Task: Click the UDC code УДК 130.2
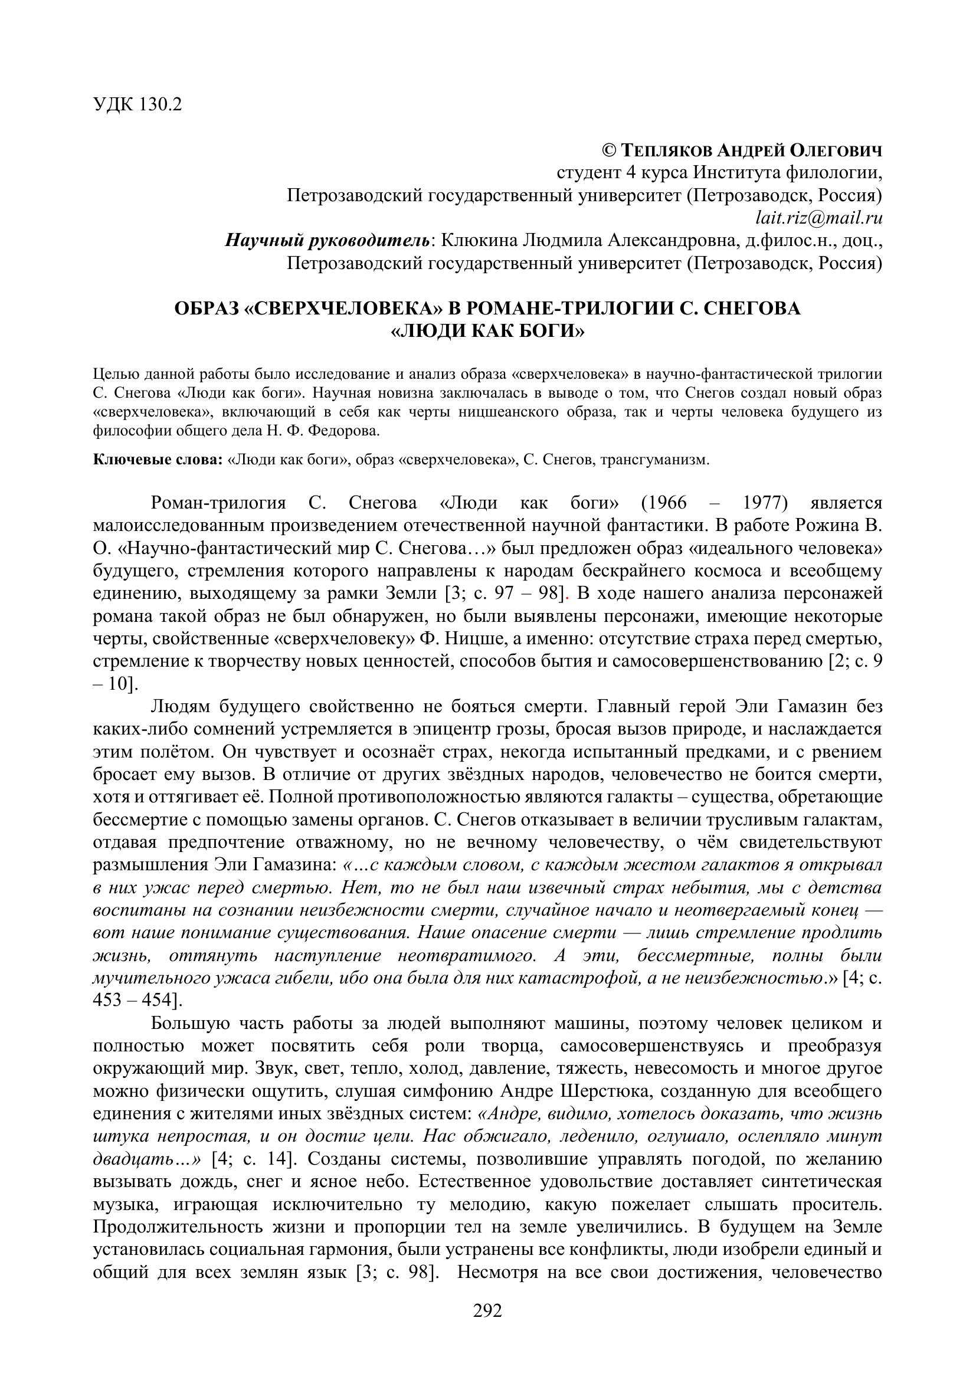[137, 105]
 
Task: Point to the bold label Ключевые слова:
[158, 460]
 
